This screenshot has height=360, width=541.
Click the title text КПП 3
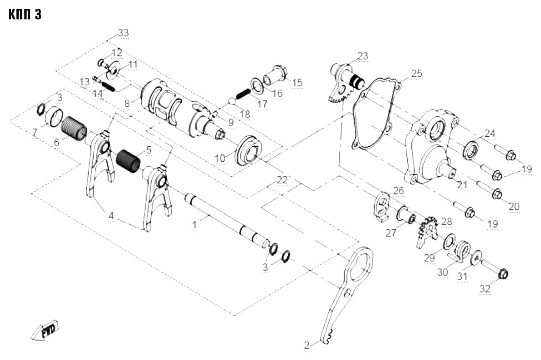click(25, 14)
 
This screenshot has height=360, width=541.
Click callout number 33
click(123, 33)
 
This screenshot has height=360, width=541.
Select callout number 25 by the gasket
click(417, 73)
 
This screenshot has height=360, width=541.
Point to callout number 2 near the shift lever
click(307, 345)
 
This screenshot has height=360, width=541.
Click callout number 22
click(282, 179)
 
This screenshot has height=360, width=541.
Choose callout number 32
click(485, 289)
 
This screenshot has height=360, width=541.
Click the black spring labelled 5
click(129, 161)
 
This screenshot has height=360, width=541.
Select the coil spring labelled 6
click(74, 128)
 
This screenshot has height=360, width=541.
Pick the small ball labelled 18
click(233, 101)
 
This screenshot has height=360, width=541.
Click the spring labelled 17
click(243, 93)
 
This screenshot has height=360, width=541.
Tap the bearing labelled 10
click(249, 151)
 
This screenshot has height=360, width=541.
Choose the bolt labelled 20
click(490, 188)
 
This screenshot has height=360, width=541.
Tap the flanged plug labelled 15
click(275, 75)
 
